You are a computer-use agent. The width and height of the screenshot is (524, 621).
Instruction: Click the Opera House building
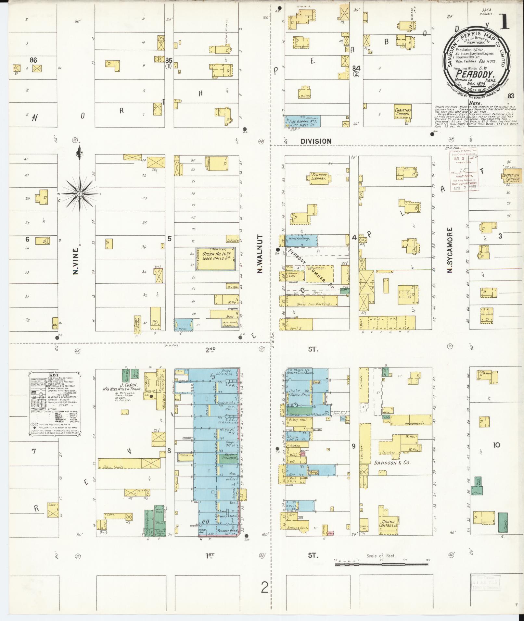point(216,258)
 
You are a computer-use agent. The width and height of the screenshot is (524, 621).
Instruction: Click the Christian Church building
point(403,112)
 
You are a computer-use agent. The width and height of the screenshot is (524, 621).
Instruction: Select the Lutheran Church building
point(510,177)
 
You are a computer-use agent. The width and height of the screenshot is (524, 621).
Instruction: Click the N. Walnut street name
point(260,254)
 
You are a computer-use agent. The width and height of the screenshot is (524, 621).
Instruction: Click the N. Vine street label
point(76,261)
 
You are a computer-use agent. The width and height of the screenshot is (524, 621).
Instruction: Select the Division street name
point(316,141)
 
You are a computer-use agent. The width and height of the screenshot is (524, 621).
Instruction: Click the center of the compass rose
point(80,194)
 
